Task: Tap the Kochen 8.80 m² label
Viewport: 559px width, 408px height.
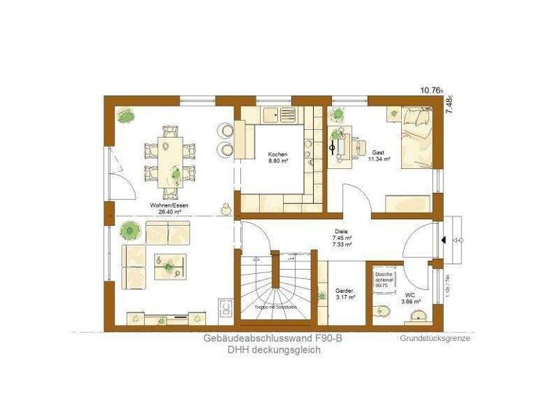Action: [277, 158]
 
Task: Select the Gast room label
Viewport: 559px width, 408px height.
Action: [378, 155]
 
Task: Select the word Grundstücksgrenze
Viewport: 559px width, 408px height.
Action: [435, 339]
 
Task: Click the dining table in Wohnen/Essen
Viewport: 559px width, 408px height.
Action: [171, 159]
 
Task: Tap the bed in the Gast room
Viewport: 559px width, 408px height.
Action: [414, 138]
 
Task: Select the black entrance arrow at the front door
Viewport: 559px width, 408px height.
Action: [443, 238]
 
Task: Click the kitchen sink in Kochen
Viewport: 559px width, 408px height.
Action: [274, 114]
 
